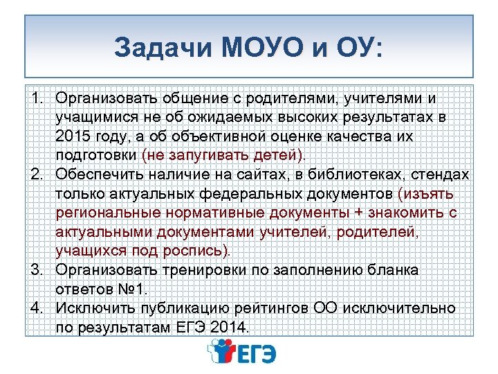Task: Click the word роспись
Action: (204, 249)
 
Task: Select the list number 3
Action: (39, 269)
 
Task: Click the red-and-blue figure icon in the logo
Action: (222, 353)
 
